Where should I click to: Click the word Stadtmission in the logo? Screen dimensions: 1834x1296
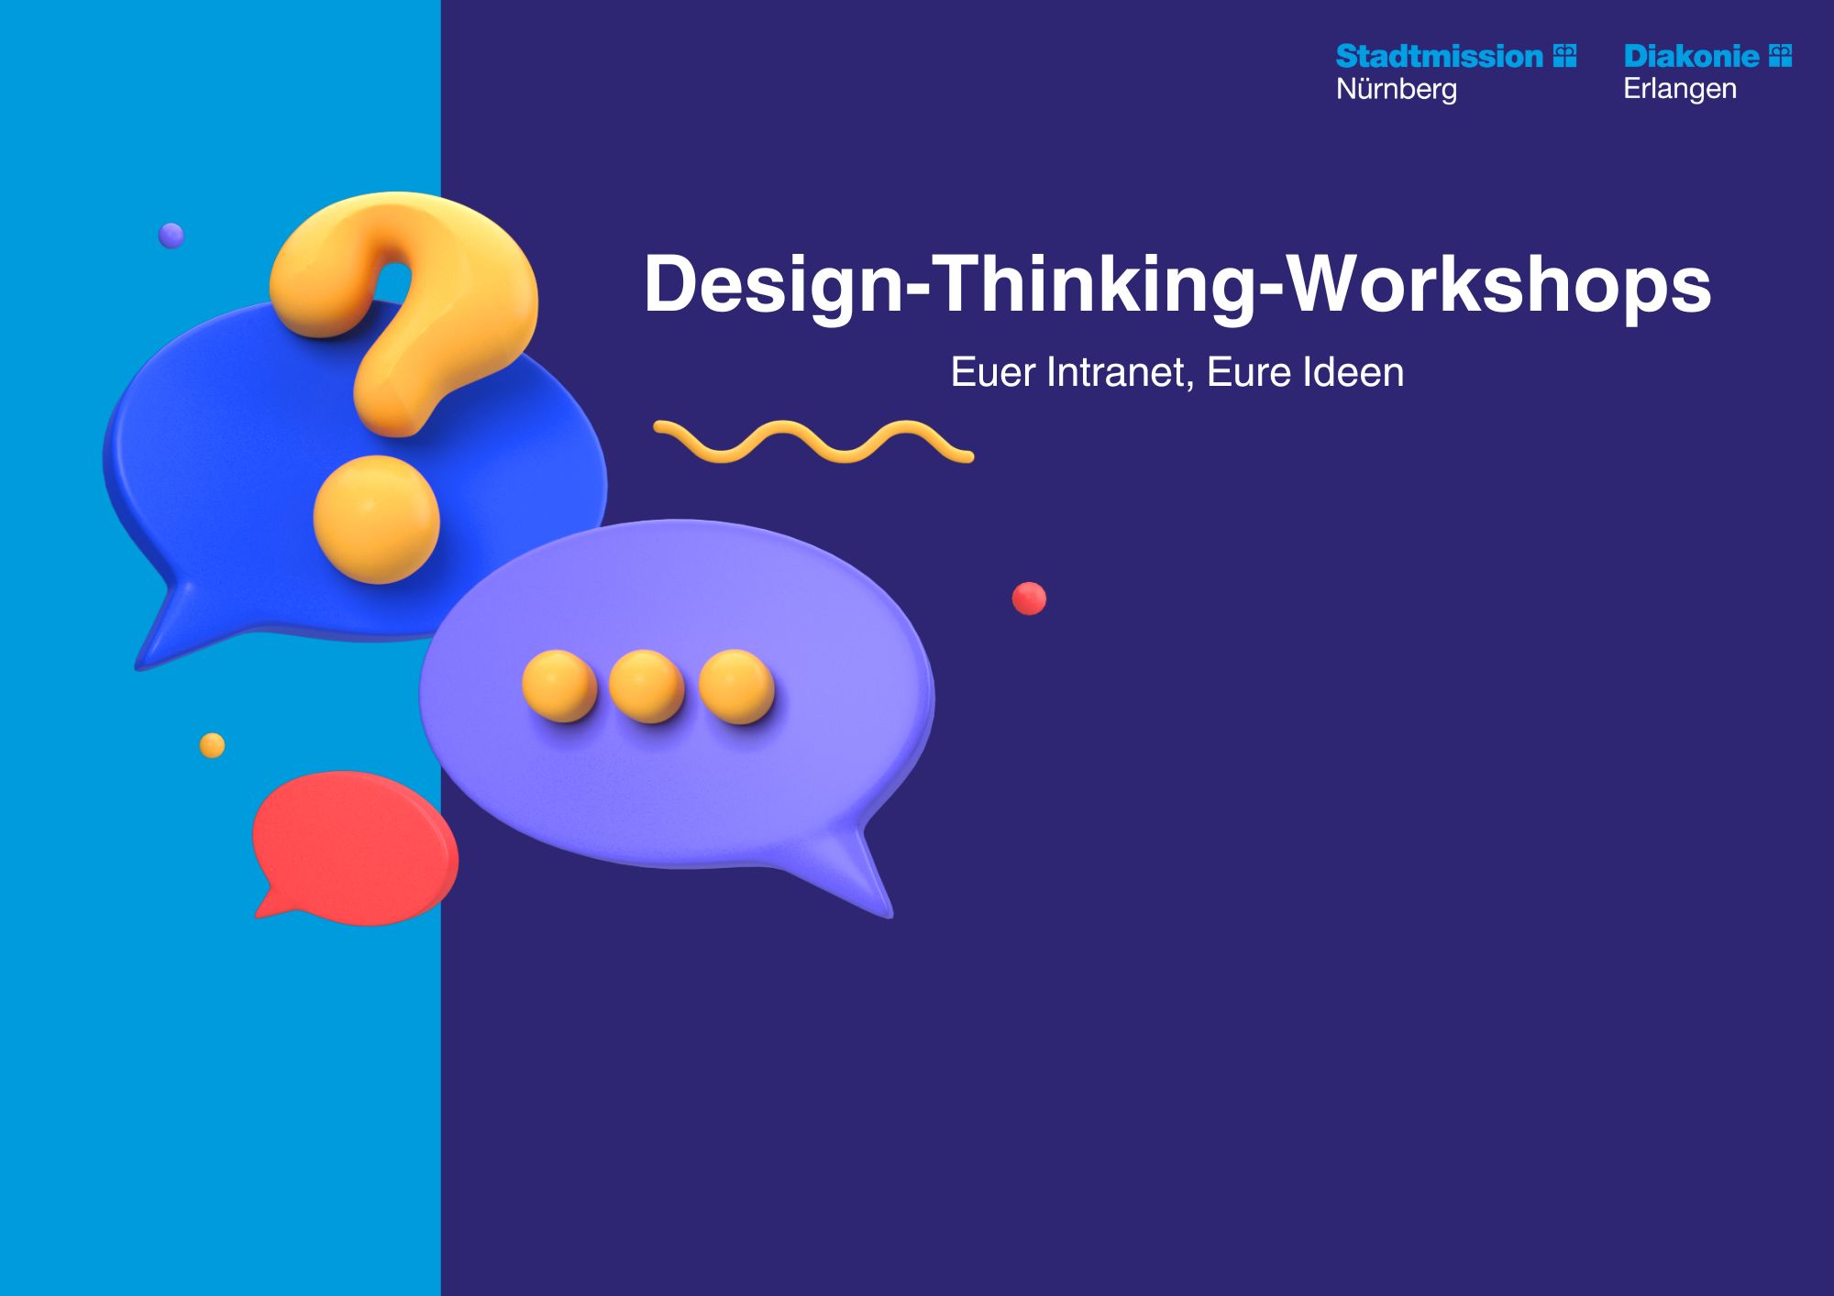[1440, 57]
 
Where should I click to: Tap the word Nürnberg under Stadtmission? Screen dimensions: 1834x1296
[1397, 90]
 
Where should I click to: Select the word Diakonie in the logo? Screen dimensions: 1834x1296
[1691, 57]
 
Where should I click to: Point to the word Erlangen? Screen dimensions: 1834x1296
[1680, 90]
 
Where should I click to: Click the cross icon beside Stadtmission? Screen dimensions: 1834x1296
[1565, 56]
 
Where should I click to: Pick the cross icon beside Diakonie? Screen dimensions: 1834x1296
[1780, 56]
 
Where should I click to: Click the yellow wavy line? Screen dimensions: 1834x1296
[813, 442]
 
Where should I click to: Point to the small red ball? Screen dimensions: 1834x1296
[1029, 599]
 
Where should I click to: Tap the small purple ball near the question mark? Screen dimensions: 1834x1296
[171, 236]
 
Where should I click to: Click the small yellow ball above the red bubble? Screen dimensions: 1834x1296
[212, 745]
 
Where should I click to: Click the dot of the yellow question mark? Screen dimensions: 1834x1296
[377, 520]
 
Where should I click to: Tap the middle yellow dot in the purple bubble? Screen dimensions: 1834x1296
[646, 686]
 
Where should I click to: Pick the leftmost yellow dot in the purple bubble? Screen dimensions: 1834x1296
[559, 686]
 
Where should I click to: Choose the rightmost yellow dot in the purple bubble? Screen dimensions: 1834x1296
[736, 686]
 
